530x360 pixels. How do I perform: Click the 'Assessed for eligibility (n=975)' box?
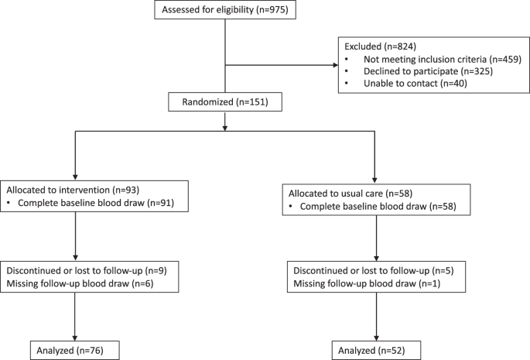[225, 9]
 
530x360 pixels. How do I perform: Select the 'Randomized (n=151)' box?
[225, 102]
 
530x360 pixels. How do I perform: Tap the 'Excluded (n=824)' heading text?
[380, 46]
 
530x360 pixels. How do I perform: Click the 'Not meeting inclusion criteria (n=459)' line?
[443, 59]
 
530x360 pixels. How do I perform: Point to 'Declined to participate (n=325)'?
[428, 71]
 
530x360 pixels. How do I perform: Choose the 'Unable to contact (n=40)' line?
[415, 84]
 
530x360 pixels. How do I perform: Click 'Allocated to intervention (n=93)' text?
[73, 190]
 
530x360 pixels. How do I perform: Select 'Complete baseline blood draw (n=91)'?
[96, 203]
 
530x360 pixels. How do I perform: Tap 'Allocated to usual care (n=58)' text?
[350, 194]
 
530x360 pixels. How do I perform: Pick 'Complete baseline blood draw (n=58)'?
[378, 207]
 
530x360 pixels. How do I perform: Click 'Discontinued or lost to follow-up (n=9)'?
[87, 271]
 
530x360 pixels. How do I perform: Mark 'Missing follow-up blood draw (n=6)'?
[80, 283]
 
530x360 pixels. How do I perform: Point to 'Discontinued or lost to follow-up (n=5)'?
[374, 271]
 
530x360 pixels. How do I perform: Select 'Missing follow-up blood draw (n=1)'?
[367, 283]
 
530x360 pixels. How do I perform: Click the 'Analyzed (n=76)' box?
[75, 350]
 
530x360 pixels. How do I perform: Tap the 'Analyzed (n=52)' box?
[376, 350]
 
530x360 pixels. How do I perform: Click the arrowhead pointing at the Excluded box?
[336, 65]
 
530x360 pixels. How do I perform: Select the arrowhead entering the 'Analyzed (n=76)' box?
[75, 338]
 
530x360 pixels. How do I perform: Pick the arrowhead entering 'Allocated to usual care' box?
[374, 180]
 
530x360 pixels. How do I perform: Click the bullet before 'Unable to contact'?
[347, 84]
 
